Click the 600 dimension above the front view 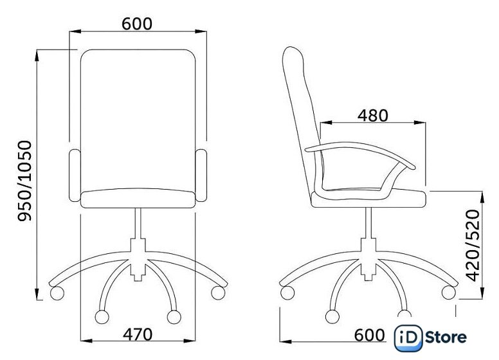coord(137,24)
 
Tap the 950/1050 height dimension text coord(25,181)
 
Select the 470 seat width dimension coord(138,334)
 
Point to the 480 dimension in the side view coord(373,116)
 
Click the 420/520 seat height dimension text coord(472,246)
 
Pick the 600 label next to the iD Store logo coord(370,335)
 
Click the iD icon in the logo coord(408,338)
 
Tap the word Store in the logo coord(446,337)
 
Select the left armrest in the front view coord(75,175)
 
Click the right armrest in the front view coord(201,175)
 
